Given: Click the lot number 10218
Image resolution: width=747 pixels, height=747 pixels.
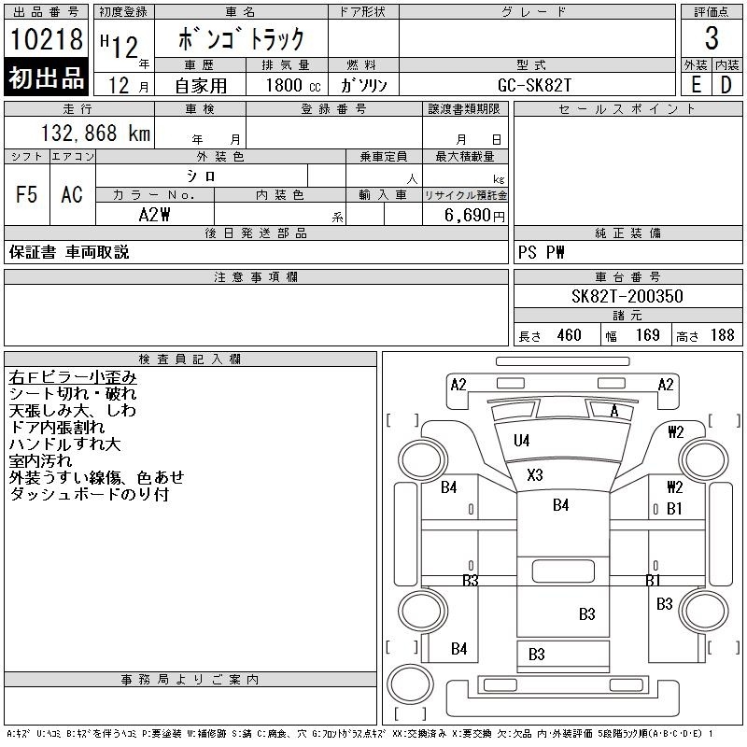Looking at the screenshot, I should click(x=47, y=40).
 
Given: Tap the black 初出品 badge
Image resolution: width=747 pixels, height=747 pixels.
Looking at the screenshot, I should click(x=47, y=78).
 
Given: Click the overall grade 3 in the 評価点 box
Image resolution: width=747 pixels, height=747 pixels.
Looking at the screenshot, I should click(x=712, y=38).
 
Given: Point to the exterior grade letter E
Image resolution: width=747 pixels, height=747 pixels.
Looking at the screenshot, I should click(x=696, y=84).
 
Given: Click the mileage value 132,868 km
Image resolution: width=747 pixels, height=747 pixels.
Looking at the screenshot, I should click(x=93, y=134).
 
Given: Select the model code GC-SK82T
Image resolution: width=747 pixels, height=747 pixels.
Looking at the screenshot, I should click(x=536, y=85).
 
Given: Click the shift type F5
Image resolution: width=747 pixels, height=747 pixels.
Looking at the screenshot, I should click(x=26, y=194).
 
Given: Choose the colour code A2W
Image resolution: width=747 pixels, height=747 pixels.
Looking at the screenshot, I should click(x=154, y=214).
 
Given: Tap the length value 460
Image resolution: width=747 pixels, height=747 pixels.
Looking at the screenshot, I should click(x=569, y=335).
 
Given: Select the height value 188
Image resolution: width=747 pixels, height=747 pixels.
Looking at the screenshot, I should click(x=722, y=335).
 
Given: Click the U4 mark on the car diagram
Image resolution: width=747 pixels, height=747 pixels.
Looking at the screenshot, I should click(x=521, y=440).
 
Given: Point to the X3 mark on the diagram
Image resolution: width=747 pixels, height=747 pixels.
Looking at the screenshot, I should click(x=534, y=474).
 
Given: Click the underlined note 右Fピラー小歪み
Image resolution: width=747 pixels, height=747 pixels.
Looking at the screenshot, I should click(x=73, y=377).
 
